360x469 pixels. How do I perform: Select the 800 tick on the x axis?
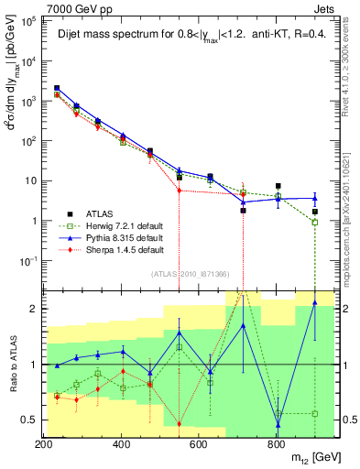[x=275, y=444]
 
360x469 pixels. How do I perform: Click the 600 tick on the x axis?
[x=199, y=444]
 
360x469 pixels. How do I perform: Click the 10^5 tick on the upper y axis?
[x=27, y=19]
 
